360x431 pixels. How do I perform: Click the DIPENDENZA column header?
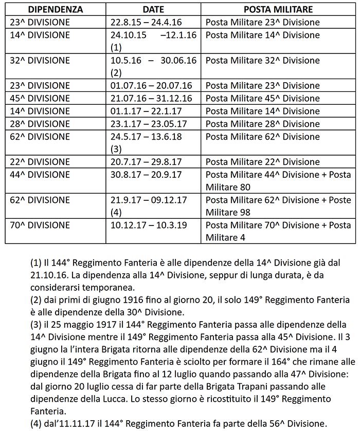pyautogui.click(x=56, y=10)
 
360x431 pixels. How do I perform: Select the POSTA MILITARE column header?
pyautogui.click(x=278, y=10)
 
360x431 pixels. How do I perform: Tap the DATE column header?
pyautogui.click(x=154, y=10)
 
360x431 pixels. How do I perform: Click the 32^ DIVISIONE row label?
pyautogui.click(x=40, y=61)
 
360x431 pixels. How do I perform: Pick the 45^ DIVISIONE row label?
pyautogui.click(x=40, y=99)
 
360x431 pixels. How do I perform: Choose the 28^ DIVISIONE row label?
pyautogui.click(x=40, y=124)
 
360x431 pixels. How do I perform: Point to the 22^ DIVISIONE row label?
pyautogui.click(x=40, y=162)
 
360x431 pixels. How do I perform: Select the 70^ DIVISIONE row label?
pyautogui.click(x=40, y=225)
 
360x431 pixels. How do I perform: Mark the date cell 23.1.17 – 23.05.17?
pyautogui.click(x=150, y=124)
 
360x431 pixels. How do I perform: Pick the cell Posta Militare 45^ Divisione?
pyautogui.click(x=262, y=99)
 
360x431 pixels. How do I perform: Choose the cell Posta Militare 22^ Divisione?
pyautogui.click(x=262, y=162)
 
